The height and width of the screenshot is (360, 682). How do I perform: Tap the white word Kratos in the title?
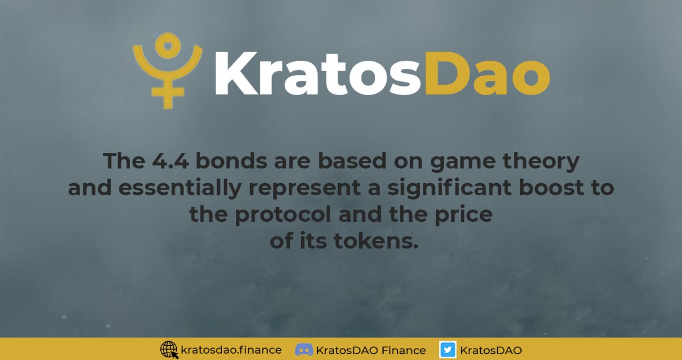tap(318, 74)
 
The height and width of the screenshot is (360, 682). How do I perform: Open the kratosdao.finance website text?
tap(230, 350)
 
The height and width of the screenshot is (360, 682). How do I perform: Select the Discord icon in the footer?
tap(305, 349)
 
